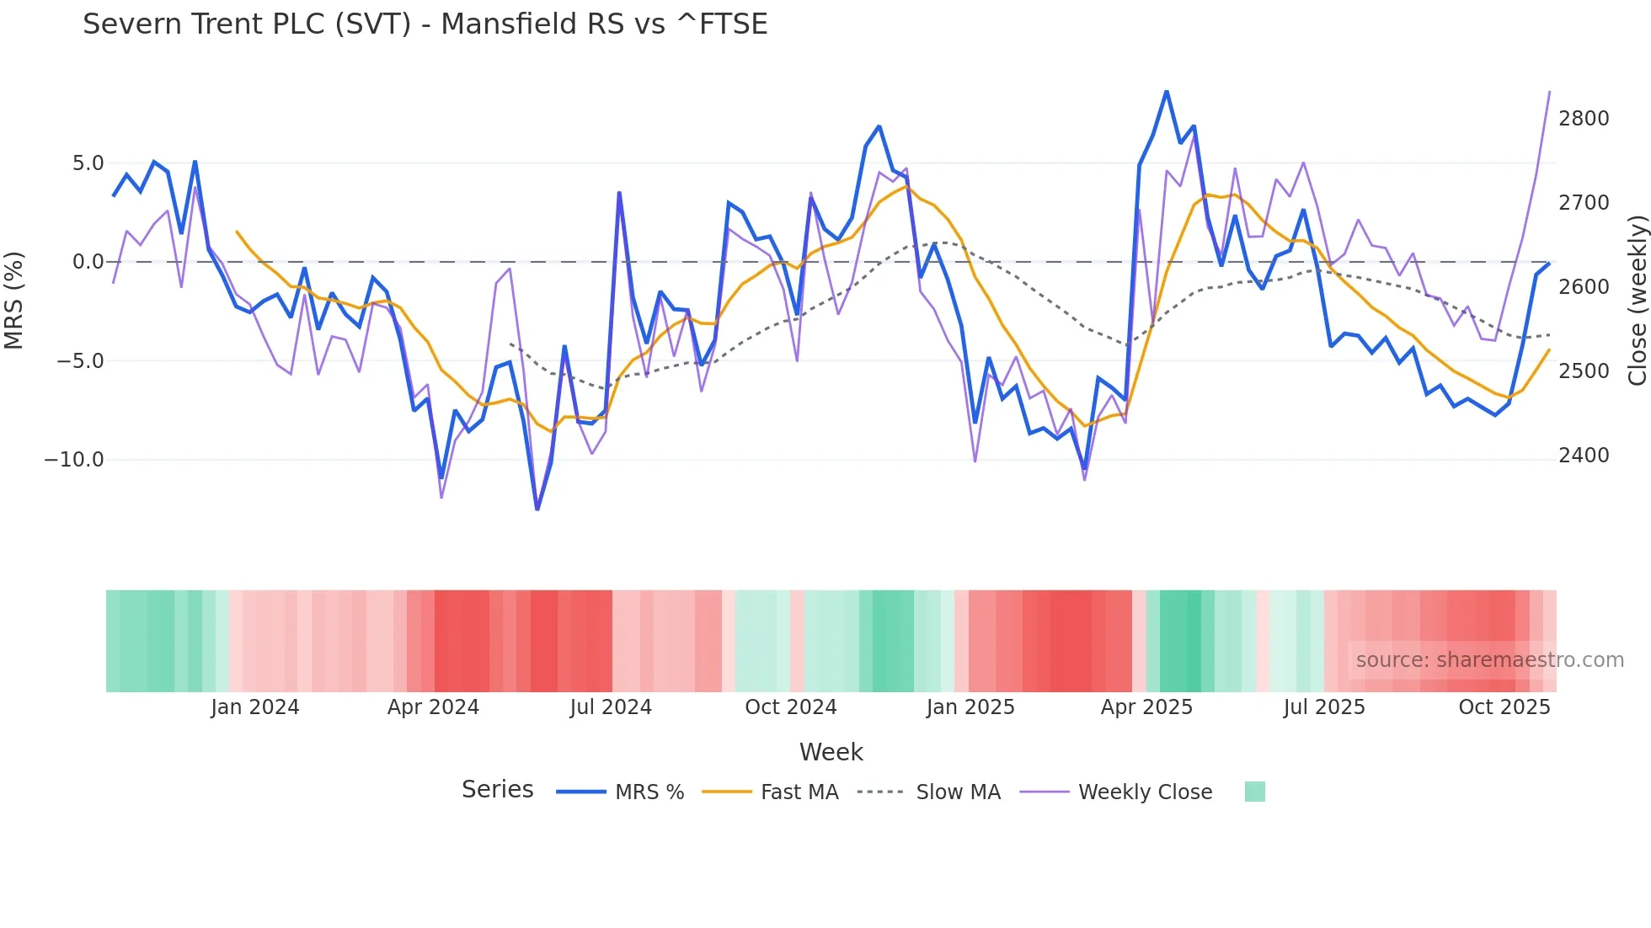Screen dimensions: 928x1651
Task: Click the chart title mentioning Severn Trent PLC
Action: coord(425,24)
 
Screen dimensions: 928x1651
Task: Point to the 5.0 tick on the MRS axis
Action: coord(88,163)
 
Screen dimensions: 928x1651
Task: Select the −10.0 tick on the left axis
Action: coord(74,460)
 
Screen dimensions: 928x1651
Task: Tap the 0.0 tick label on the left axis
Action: coord(88,262)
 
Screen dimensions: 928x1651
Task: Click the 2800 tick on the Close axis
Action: coord(1584,119)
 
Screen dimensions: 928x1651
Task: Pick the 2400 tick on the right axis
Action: coord(1584,456)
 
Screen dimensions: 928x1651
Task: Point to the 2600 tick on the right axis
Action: coord(1584,287)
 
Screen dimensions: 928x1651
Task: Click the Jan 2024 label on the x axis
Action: coord(254,707)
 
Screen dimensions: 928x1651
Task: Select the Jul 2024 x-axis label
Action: coord(611,707)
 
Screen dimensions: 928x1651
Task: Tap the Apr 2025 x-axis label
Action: coord(1146,707)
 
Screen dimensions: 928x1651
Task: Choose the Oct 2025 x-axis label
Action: coord(1504,707)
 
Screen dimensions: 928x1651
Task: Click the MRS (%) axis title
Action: coord(14,300)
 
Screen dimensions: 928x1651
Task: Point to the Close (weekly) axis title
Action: coord(1637,300)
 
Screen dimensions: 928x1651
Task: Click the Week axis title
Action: coord(831,752)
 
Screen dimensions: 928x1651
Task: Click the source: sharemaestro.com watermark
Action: coord(1489,660)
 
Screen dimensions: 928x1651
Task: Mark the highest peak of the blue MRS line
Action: coord(1167,91)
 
